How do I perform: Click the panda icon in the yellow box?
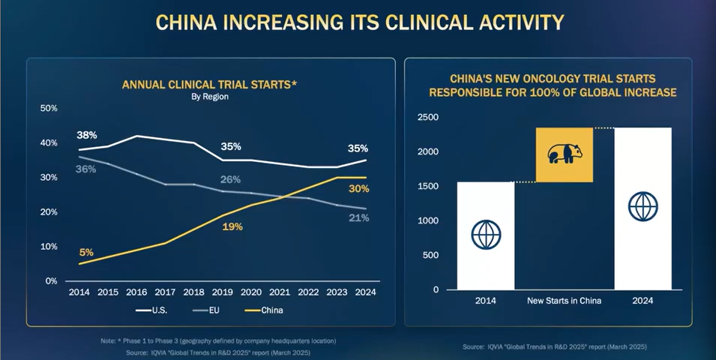tap(564, 154)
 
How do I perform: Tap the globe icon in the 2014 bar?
tap(486, 235)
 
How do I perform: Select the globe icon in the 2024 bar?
tap(643, 205)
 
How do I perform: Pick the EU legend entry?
tap(207, 309)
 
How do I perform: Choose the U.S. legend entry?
tap(154, 309)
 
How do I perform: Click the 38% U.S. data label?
tap(86, 136)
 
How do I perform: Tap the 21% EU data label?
tap(358, 217)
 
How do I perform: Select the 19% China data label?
tap(232, 226)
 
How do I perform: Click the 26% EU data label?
tap(231, 179)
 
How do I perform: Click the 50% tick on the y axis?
tap(48, 109)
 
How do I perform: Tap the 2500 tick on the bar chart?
tap(428, 118)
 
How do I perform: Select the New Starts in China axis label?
tap(563, 301)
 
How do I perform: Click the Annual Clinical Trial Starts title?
tap(210, 85)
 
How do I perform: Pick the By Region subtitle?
tap(210, 97)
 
